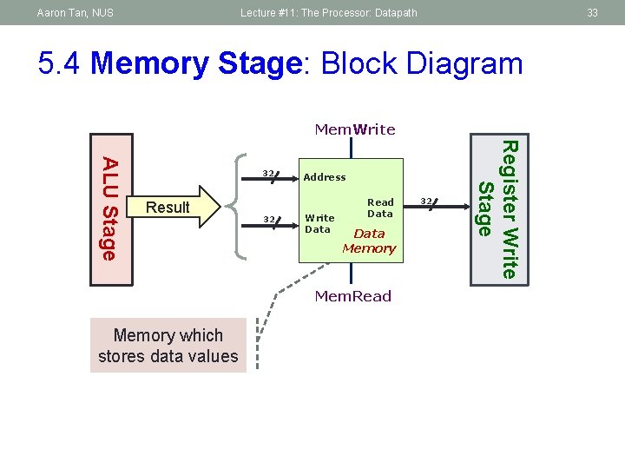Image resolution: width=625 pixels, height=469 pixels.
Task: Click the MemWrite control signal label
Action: [355, 129]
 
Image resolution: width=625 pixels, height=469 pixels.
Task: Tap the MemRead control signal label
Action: [352, 296]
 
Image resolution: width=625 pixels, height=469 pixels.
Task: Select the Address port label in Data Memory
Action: [325, 177]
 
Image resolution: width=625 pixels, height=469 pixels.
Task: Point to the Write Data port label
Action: [319, 224]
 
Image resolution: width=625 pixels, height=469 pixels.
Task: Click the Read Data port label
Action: [380, 208]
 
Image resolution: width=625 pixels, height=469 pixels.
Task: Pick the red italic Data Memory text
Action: [369, 241]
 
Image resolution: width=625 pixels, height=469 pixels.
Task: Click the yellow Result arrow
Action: [174, 207]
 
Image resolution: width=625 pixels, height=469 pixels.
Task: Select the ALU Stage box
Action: [112, 210]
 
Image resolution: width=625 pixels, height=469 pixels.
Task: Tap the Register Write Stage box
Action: [499, 210]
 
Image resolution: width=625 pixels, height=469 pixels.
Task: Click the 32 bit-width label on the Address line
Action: [268, 173]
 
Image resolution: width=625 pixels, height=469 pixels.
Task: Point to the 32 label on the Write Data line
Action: [269, 220]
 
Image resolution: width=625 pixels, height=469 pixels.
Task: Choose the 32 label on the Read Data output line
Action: [426, 201]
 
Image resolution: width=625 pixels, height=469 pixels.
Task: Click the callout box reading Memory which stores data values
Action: [168, 346]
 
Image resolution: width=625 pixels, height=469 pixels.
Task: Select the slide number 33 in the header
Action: [592, 13]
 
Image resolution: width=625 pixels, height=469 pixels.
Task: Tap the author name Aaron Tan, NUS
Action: [76, 13]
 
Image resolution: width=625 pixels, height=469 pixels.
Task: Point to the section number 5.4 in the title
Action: [59, 63]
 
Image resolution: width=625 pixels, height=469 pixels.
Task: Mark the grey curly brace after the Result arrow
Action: [235, 207]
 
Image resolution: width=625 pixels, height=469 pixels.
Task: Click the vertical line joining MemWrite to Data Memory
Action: [352, 148]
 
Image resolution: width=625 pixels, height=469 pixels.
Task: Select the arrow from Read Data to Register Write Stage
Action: [437, 207]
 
